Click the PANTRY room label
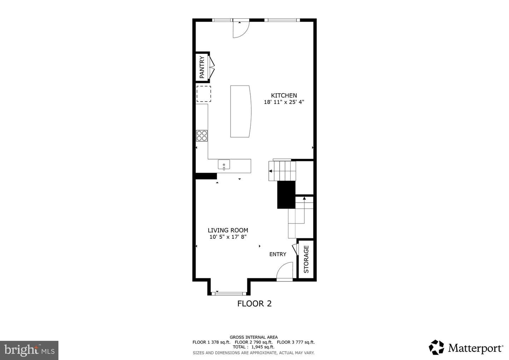point(202,67)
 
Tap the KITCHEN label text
point(284,95)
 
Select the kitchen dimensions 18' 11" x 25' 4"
point(284,102)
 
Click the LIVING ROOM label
point(228,230)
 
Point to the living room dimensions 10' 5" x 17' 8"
point(228,237)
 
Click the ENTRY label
point(278,254)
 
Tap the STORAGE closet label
point(306,259)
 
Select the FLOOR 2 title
point(255,303)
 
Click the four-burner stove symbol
point(202,136)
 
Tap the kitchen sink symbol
point(224,165)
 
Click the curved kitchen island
point(241,111)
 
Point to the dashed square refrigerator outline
point(204,94)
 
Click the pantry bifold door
point(211,67)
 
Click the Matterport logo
point(466,348)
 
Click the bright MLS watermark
point(29,350)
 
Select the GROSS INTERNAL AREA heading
point(253,337)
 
